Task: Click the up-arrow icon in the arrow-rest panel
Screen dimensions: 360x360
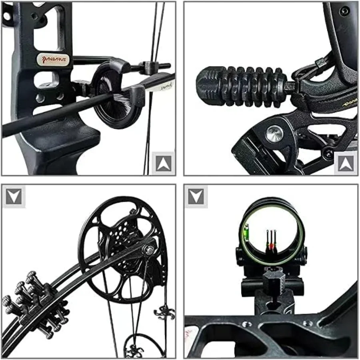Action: (x=163, y=163)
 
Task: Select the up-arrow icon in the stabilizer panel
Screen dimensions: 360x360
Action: (x=346, y=163)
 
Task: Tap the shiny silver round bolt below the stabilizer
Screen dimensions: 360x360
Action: (x=275, y=134)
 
